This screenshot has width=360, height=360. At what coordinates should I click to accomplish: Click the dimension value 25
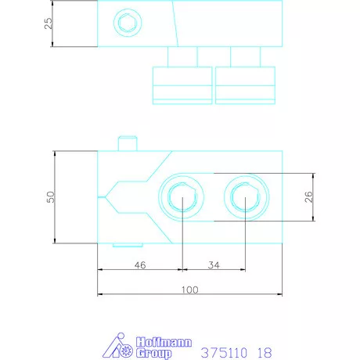click(x=49, y=23)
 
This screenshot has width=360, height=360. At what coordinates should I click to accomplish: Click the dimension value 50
click(x=49, y=196)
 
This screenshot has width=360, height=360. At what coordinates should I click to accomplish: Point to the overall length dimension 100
click(x=189, y=290)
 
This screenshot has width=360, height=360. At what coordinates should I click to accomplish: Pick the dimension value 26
click(x=308, y=196)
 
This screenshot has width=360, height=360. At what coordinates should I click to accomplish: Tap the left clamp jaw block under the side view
click(x=182, y=85)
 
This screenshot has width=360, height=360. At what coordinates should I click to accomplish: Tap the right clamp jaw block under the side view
click(x=247, y=85)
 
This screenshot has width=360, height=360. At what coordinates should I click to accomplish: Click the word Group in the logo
click(x=154, y=353)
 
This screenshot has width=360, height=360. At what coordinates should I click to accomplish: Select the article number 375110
click(x=225, y=353)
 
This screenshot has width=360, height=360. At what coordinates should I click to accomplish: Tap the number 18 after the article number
click(x=265, y=353)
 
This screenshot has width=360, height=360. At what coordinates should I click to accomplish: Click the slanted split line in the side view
click(x=176, y=23)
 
